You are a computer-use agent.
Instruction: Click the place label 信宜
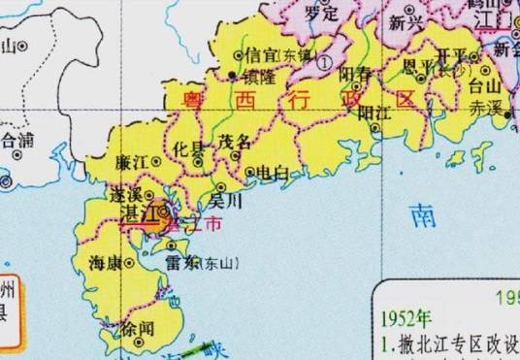click(x=258, y=54)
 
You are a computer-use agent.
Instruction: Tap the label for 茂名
click(x=234, y=142)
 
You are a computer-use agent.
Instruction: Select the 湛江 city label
click(x=141, y=212)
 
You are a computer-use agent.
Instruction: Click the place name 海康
click(x=104, y=263)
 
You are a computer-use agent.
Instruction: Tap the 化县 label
click(x=190, y=149)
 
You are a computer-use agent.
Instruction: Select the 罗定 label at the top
click(x=320, y=15)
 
